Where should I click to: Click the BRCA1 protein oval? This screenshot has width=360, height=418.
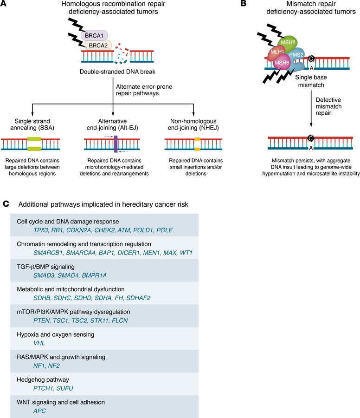(x=95, y=35)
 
